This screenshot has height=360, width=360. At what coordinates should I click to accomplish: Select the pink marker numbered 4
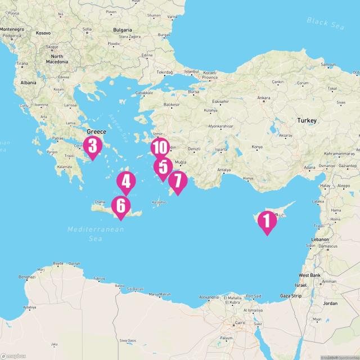pos(126,181)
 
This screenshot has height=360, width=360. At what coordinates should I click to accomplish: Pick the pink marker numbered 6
pos(121,205)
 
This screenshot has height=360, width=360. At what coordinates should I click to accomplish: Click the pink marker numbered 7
pos(177,181)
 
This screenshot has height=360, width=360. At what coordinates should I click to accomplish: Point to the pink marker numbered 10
pos(160,147)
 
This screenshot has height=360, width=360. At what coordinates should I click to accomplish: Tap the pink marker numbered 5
pos(163,167)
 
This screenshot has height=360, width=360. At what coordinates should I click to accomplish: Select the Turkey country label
pos(307,120)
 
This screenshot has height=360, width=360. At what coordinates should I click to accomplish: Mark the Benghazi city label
pos(27,277)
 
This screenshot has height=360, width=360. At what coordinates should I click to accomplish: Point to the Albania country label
pos(28,83)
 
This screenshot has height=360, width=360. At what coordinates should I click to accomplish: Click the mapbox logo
pos(14,355)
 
